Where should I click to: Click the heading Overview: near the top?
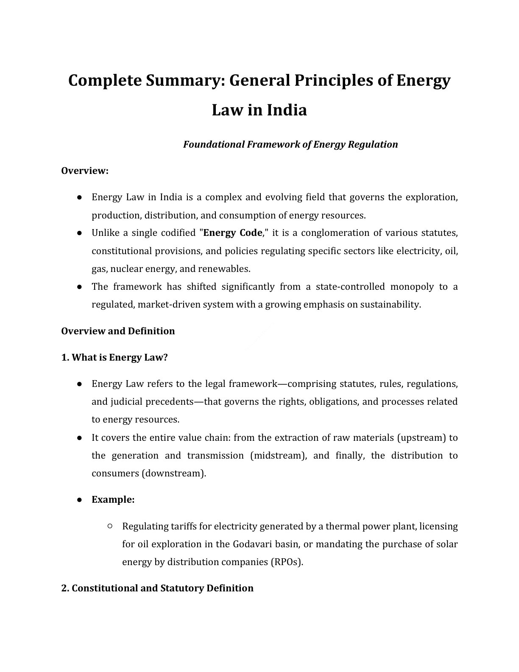[85, 171]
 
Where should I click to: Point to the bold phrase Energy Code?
[233, 233]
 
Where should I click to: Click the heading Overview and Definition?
[118, 331]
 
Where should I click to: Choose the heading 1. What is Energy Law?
[114, 357]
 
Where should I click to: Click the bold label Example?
[113, 500]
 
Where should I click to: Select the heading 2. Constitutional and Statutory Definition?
[157, 588]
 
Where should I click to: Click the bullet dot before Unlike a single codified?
[79, 233]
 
